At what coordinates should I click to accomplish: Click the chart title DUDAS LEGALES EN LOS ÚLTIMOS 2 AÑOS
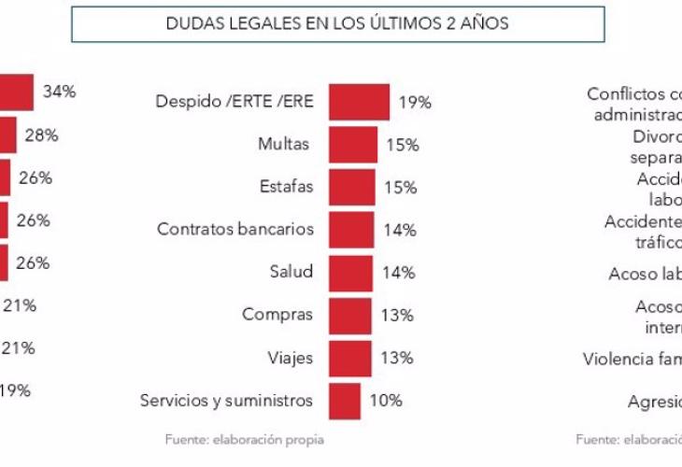click(336, 24)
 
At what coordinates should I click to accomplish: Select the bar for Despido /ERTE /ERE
click(360, 102)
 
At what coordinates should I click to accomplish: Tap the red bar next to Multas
click(353, 145)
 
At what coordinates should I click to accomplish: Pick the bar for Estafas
click(352, 188)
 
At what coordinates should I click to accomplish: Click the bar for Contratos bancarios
click(351, 230)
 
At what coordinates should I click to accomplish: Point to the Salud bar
click(351, 272)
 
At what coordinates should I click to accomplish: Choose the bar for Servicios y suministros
click(345, 401)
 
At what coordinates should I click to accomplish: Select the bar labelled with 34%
click(17, 92)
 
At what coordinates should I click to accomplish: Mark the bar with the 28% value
click(8, 134)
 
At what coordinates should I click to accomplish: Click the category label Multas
click(283, 145)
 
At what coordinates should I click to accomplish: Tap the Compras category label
click(277, 315)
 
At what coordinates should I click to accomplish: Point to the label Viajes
click(290, 358)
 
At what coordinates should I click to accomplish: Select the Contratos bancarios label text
click(235, 230)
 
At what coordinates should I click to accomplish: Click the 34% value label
click(59, 92)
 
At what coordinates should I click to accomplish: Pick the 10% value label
click(386, 401)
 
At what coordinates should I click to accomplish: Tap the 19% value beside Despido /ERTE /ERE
click(415, 103)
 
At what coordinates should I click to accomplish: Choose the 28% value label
click(42, 135)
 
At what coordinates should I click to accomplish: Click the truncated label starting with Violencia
click(632, 359)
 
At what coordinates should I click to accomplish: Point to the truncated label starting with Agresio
click(654, 403)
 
